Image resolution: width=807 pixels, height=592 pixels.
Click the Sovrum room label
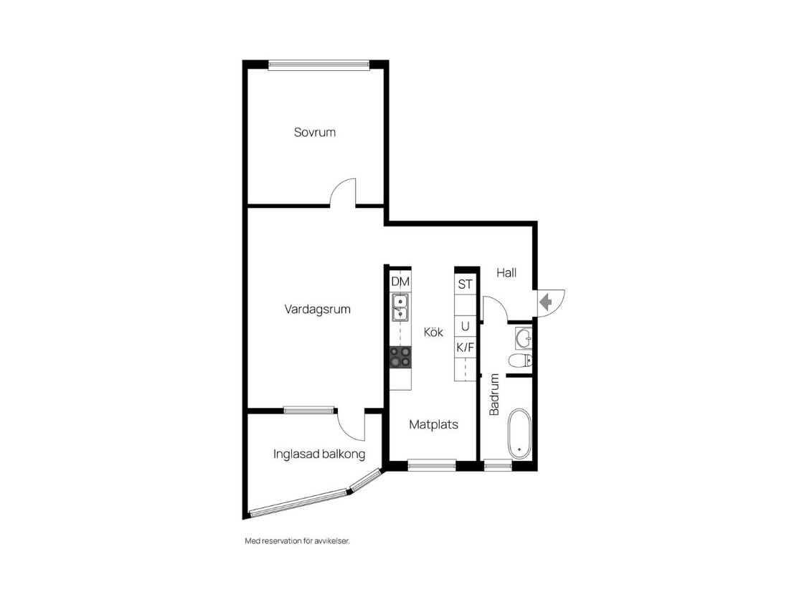[314, 132]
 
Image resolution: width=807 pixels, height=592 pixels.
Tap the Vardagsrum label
[318, 310]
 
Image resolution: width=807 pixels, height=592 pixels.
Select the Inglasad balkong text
[319, 454]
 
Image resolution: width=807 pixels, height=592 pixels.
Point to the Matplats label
[433, 424]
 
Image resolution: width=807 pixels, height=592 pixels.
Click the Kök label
[433, 333]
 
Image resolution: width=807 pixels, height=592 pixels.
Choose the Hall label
[506, 272]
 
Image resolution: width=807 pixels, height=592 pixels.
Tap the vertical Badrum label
[494, 394]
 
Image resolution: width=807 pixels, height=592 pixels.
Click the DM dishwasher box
[400, 282]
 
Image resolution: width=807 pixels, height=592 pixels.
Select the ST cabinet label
[466, 285]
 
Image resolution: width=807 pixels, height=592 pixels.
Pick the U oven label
[466, 327]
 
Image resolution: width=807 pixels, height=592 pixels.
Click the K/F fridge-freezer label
[466, 348]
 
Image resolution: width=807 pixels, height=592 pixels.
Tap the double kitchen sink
[400, 307]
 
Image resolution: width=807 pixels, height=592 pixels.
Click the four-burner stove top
[400, 357]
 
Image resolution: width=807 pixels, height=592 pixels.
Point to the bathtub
[519, 434]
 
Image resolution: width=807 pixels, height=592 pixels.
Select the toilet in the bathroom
[520, 361]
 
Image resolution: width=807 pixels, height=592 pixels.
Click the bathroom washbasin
[524, 338]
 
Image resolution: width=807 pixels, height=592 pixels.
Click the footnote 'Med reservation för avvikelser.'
[297, 541]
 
